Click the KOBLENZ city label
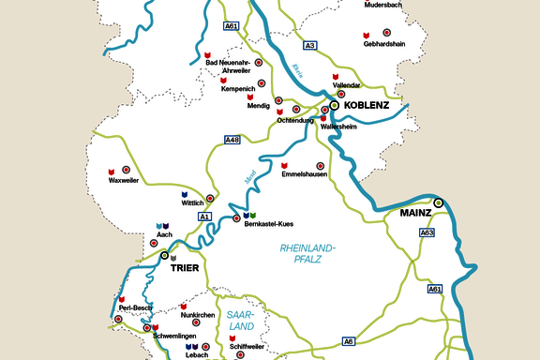[367, 105]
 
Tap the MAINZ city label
[415, 213]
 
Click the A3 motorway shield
[310, 44]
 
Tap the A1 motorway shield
[204, 217]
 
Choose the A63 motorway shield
[427, 232]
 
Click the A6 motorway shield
[348, 340]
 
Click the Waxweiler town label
[124, 179]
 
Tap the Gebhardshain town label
[385, 43]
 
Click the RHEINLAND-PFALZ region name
[307, 252]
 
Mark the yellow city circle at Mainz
[438, 202]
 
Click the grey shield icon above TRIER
[172, 257]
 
